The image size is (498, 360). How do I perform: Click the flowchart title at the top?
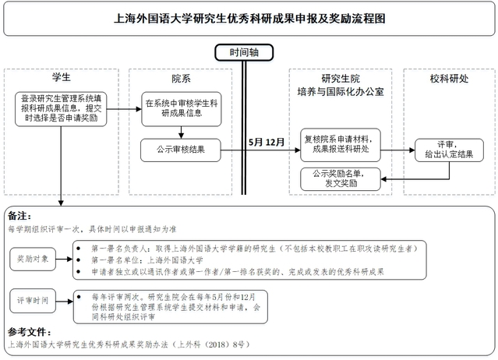point(249,18)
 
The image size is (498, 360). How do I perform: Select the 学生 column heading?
point(61,78)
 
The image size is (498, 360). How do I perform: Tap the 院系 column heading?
point(180,78)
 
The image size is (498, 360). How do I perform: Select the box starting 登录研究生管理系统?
point(61,108)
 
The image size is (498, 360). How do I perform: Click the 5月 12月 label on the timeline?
point(267,143)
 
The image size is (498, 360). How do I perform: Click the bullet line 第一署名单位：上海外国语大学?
point(148,259)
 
